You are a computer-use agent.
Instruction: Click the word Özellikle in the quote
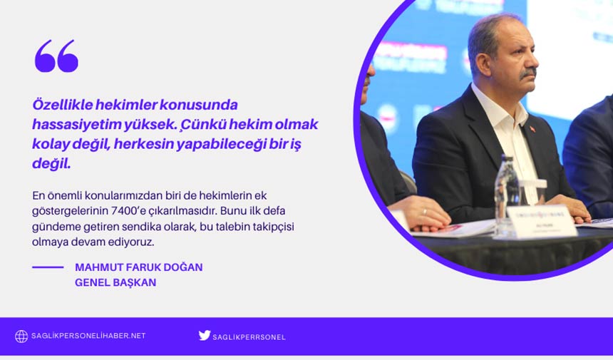pos(59,105)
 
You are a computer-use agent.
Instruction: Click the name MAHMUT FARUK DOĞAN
pos(138,267)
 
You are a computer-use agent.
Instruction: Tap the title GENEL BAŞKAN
pos(115,282)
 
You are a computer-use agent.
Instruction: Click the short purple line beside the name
pos(48,267)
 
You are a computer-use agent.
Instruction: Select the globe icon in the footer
pos(21,336)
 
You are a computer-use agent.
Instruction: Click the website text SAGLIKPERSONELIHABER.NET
pos(88,336)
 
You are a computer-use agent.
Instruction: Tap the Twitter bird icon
pos(205,335)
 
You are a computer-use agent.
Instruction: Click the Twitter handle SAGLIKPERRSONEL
pos(249,336)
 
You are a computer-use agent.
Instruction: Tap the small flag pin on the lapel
pos(532,129)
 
